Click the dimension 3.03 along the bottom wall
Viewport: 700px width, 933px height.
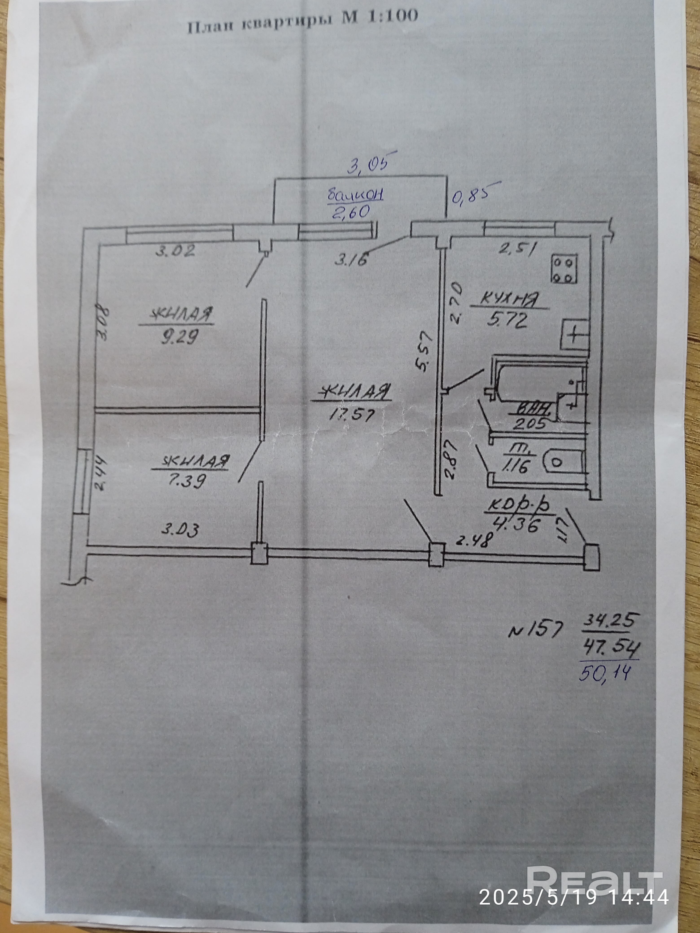point(180,530)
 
